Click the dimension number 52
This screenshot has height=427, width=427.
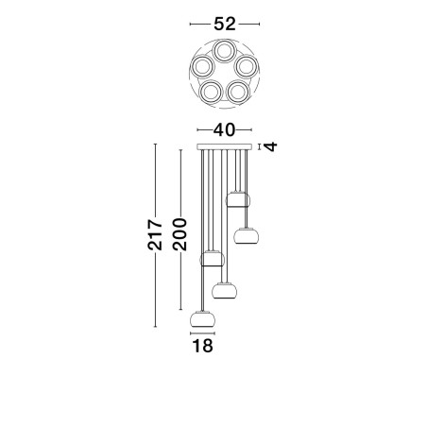pos(225,24)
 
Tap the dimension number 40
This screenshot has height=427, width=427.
pos(224,129)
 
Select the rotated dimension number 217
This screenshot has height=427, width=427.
pos(155,234)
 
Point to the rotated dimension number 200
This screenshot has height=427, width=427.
pos(179,234)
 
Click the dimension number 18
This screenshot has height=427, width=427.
pos(202,346)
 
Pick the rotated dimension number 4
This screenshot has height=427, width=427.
pos(271,146)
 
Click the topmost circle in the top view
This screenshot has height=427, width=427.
pos(224,51)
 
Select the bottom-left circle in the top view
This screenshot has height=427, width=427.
pos(211,92)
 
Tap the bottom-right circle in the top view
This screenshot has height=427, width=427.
pos(238,92)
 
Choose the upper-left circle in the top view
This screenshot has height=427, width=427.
pos(202,66)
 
